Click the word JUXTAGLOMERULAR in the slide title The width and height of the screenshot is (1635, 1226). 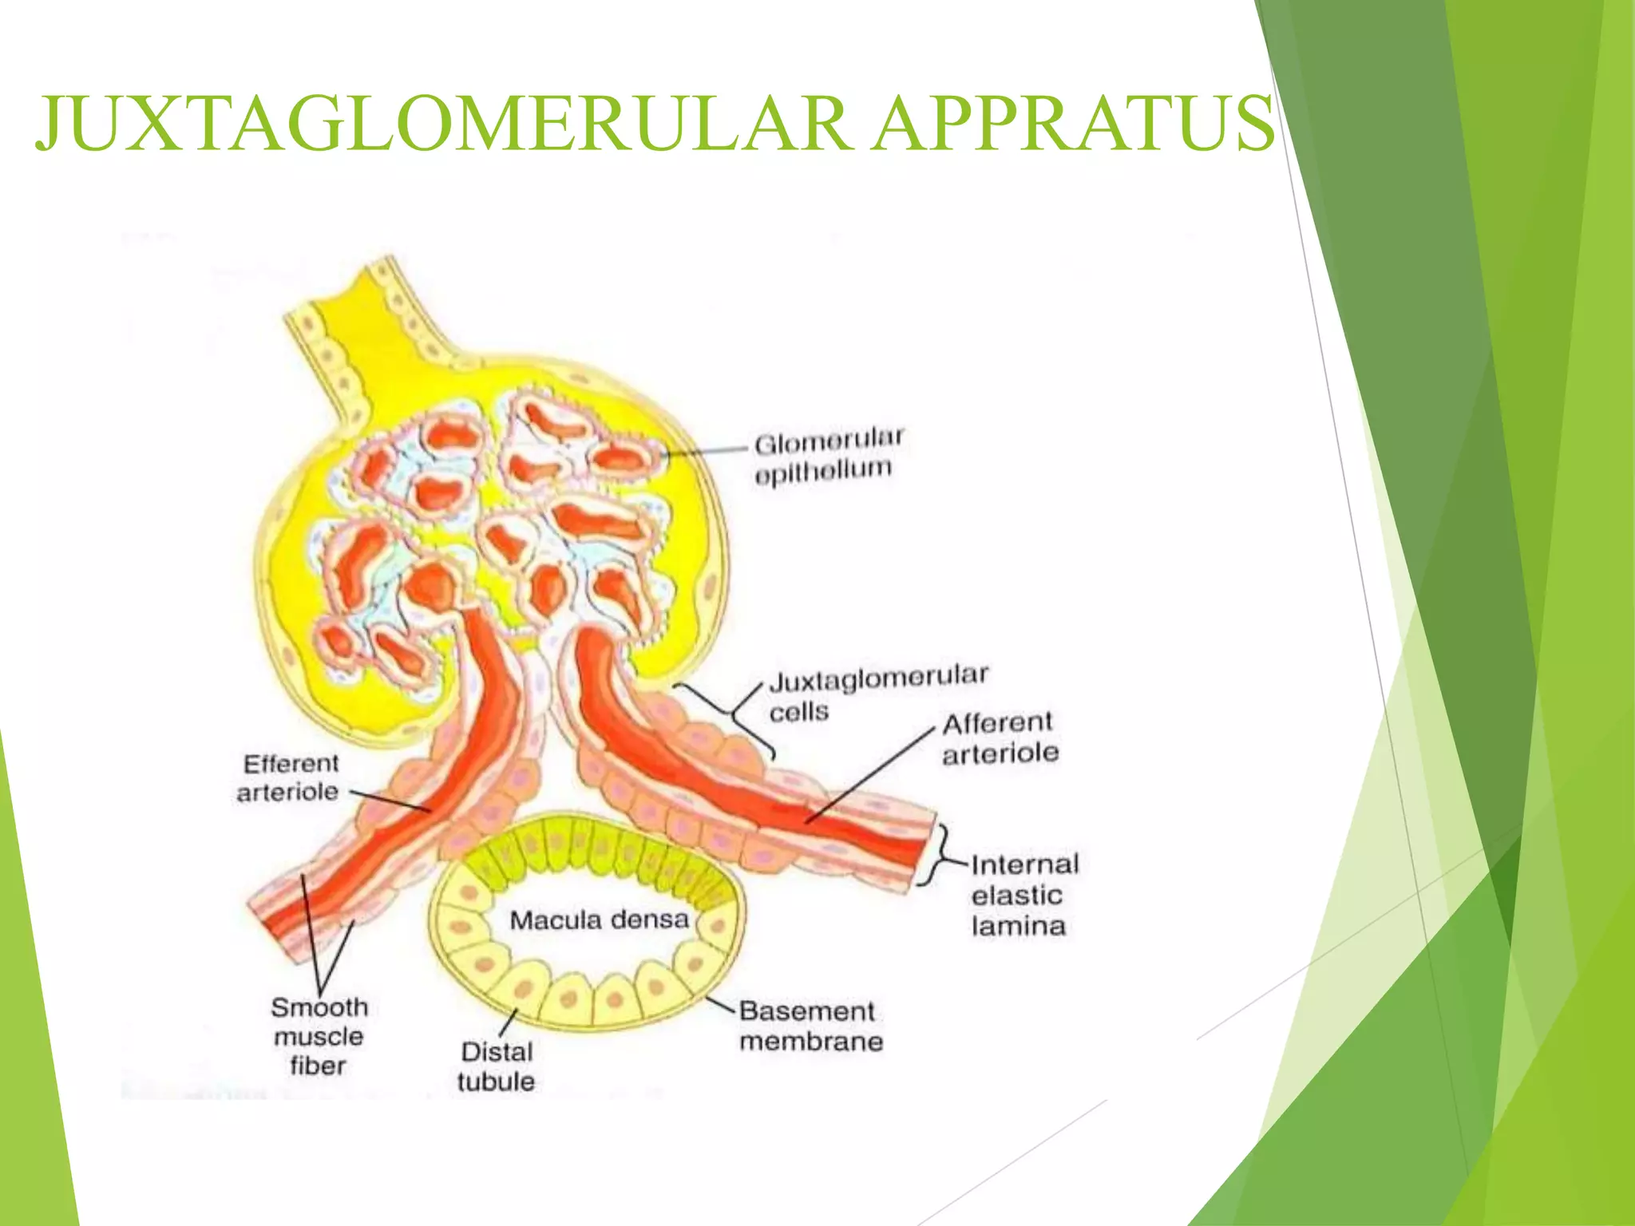click(444, 124)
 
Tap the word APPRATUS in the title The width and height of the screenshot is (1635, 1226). click(1073, 124)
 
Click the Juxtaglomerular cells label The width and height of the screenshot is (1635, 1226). click(878, 694)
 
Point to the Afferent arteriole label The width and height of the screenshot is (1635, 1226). click(1000, 738)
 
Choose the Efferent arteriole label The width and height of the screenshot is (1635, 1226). click(288, 777)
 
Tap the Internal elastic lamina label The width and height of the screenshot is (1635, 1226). click(1024, 896)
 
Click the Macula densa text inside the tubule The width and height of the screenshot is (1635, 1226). click(599, 920)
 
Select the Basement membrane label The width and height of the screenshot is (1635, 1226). click(811, 1026)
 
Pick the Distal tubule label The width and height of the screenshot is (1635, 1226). click(496, 1066)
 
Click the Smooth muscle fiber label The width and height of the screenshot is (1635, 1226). click(319, 1036)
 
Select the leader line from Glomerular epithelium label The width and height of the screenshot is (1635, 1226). click(707, 452)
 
